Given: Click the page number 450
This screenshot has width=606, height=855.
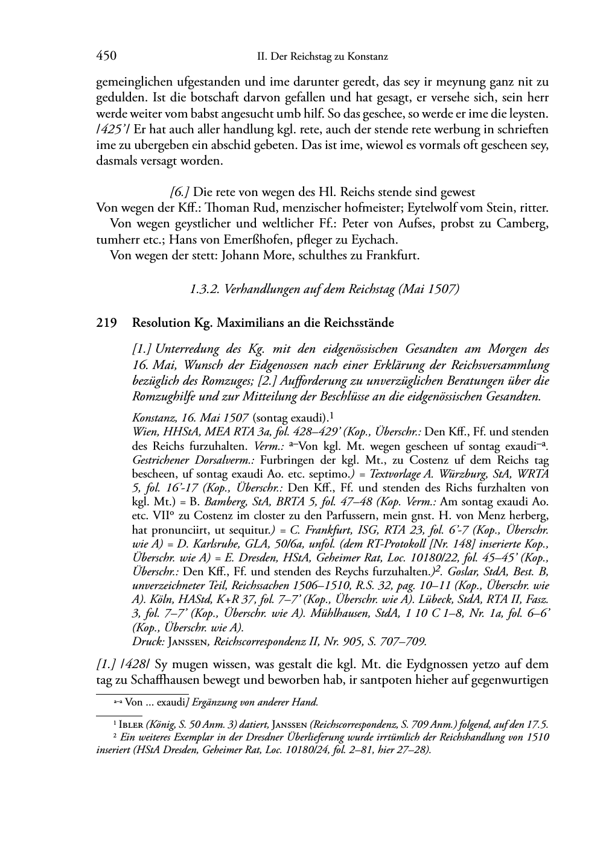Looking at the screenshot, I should (106, 56).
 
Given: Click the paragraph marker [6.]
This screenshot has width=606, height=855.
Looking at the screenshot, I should (180, 192).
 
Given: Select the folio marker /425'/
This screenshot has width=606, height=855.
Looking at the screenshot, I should (112, 129).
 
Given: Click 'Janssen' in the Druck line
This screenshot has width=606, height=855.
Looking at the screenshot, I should (187, 641).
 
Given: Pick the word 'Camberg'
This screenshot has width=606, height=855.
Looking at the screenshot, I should (522, 224).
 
